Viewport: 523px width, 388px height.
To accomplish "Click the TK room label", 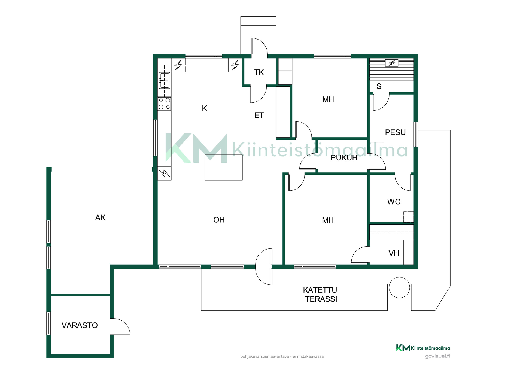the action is tap(259, 72).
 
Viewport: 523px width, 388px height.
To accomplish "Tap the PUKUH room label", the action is tap(344, 158).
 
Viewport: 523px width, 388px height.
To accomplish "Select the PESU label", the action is tap(395, 132).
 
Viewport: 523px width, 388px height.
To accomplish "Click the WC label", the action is tap(394, 202).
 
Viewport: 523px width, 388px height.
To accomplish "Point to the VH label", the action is tap(394, 253).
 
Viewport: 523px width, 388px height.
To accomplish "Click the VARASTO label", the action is tap(80, 325).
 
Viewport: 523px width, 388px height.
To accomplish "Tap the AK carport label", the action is tap(100, 218).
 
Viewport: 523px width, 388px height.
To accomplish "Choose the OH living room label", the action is tap(219, 220).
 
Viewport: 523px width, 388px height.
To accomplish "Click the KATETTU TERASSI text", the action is tap(321, 295).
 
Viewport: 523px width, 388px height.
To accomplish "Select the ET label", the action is tap(259, 116).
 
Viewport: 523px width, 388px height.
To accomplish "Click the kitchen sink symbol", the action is tap(165, 80).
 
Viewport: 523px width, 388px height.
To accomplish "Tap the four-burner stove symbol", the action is tap(165, 104).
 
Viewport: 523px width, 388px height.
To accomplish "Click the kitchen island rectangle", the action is tap(224, 168).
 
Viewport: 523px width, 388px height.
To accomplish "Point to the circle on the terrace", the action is tap(399, 287).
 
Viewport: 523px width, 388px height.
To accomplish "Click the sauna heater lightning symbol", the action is tap(392, 63).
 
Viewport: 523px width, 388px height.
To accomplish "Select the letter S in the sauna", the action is tap(379, 86).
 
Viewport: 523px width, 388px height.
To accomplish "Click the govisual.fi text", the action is tap(437, 356).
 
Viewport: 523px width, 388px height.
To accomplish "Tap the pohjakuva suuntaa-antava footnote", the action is tap(282, 356).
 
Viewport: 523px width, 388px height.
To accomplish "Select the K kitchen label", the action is tap(204, 108).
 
